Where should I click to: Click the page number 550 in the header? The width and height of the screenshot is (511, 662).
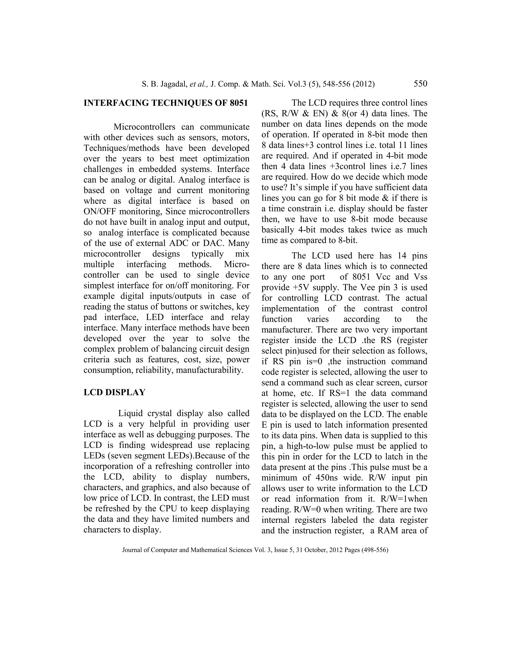click(420, 84)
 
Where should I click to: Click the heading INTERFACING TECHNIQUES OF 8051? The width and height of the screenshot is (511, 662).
click(166, 103)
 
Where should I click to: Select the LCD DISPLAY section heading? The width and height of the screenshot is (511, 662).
click(115, 392)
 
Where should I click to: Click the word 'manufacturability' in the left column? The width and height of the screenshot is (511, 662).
click(209, 370)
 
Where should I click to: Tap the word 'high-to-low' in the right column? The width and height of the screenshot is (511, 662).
click(310, 446)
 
